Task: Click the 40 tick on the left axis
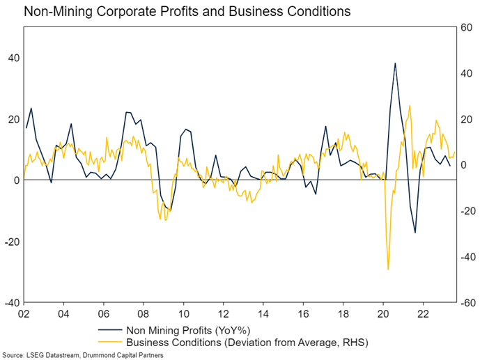tap(13, 58)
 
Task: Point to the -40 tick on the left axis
tap(10, 303)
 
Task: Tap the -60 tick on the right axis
tap(466, 303)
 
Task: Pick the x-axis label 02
tap(24, 314)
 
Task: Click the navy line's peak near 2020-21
tap(395, 63)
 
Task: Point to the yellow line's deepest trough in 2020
tap(388, 269)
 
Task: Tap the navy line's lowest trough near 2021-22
tap(415, 233)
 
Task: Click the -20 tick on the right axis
tap(466, 211)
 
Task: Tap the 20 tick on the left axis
tap(13, 119)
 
